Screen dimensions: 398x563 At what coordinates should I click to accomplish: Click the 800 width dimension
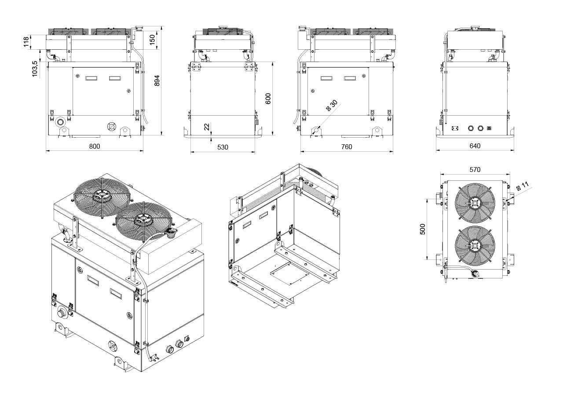95,146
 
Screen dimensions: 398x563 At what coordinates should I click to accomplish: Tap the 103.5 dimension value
35,69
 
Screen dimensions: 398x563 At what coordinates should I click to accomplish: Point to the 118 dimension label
26,41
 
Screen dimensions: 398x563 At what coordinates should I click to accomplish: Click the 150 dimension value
152,39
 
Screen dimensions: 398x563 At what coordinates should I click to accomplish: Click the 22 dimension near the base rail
207,127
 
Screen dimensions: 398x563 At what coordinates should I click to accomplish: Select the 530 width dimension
223,147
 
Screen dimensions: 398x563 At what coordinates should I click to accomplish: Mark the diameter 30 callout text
332,106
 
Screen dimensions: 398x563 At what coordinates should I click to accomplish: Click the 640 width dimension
475,146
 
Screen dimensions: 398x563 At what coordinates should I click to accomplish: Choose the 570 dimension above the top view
475,169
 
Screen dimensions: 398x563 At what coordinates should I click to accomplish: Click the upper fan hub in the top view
475,203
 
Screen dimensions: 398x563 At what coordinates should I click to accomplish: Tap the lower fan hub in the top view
475,248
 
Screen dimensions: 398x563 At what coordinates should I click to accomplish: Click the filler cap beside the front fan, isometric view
169,233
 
